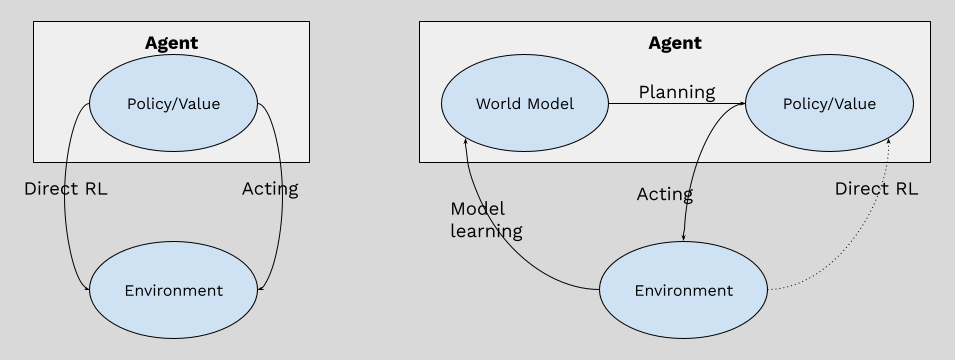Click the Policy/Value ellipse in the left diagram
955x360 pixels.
click(173, 104)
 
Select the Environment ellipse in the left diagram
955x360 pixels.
click(173, 291)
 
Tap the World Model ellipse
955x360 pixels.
click(524, 104)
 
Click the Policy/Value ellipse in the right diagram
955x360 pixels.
click(828, 104)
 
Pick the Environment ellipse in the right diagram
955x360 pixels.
click(683, 291)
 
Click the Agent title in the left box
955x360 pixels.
click(171, 43)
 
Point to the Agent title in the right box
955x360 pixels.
click(675, 43)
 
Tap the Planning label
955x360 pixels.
click(677, 92)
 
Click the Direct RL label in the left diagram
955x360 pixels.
click(65, 188)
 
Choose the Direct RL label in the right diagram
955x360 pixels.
click(876, 188)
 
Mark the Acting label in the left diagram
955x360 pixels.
click(270, 188)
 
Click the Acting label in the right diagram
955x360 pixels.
click(665, 194)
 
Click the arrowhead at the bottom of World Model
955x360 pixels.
click(465, 143)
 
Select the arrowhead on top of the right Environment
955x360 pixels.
click(683, 237)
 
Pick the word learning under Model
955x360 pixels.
click(486, 231)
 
